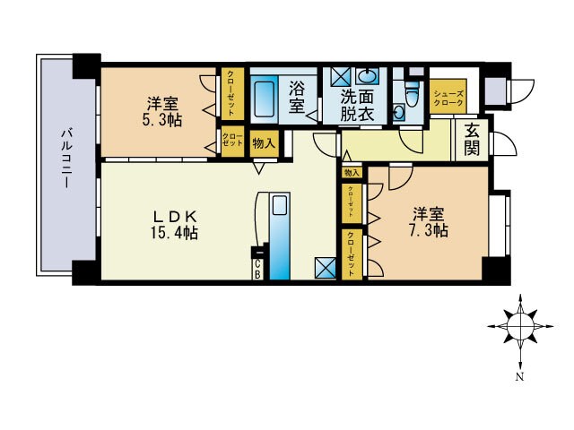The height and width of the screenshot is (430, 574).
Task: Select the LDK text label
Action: tap(174, 216)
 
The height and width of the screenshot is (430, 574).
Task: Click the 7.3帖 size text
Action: tap(430, 230)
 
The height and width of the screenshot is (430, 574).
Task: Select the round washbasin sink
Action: tap(369, 76)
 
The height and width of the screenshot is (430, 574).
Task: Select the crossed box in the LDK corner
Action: tap(325, 268)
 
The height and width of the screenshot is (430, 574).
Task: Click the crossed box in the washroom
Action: tap(341, 75)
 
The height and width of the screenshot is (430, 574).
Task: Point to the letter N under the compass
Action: tap(519, 378)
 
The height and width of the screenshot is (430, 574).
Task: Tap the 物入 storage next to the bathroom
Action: tap(264, 142)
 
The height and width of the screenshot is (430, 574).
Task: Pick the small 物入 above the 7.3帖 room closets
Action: tap(351, 172)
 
